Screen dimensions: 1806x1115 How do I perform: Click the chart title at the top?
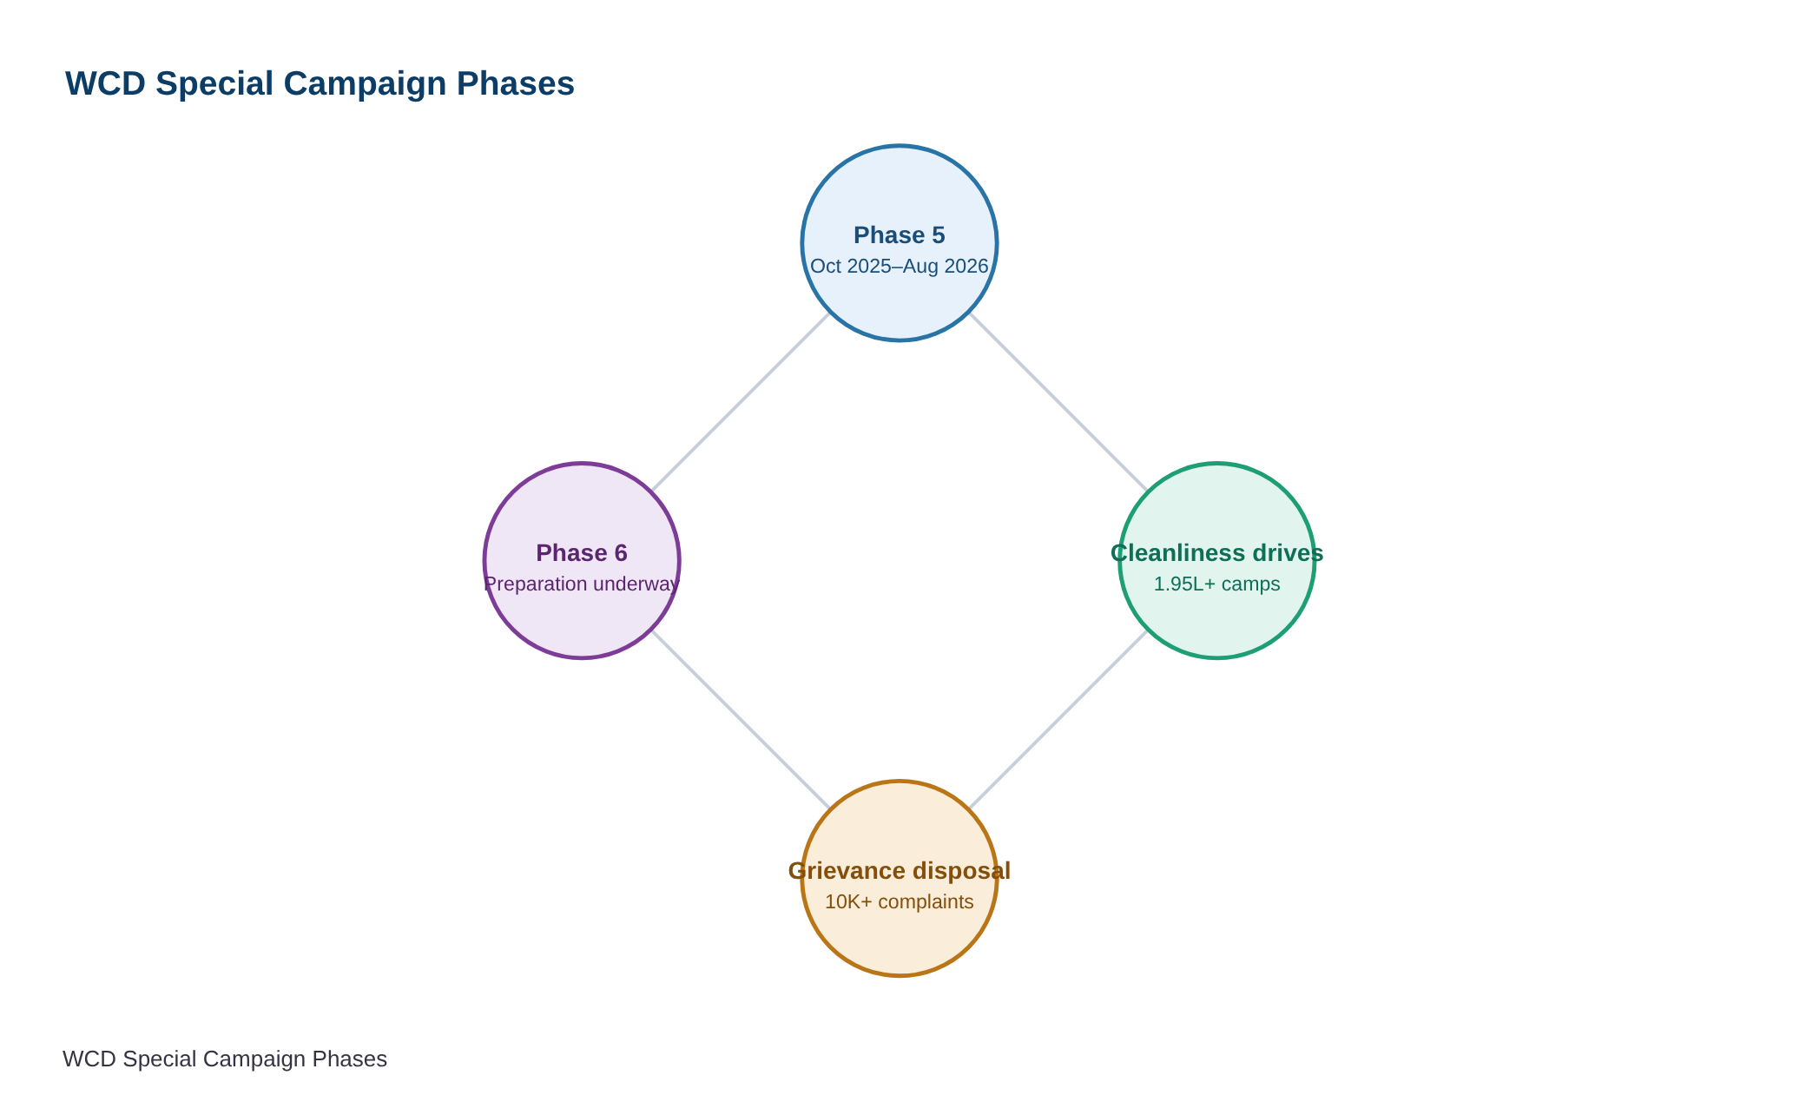point(320,84)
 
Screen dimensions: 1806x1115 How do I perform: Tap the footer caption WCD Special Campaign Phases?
point(225,1059)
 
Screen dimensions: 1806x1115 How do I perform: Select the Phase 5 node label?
point(900,235)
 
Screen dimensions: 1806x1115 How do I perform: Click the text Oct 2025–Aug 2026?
point(900,266)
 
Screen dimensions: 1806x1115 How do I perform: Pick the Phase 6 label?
point(582,553)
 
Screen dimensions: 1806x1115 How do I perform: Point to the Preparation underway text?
point(582,584)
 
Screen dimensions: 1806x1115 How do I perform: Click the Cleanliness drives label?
point(1217,553)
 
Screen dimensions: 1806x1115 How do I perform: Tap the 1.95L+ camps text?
point(1217,584)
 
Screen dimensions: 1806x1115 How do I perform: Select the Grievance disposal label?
point(900,871)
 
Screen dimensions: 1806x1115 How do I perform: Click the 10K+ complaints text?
point(900,901)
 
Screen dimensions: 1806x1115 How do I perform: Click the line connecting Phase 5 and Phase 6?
point(741,402)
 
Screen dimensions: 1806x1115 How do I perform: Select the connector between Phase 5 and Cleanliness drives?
point(1058,402)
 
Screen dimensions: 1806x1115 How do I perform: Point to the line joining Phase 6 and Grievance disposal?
point(741,720)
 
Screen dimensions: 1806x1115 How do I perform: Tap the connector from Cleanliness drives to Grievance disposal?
point(1058,720)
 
